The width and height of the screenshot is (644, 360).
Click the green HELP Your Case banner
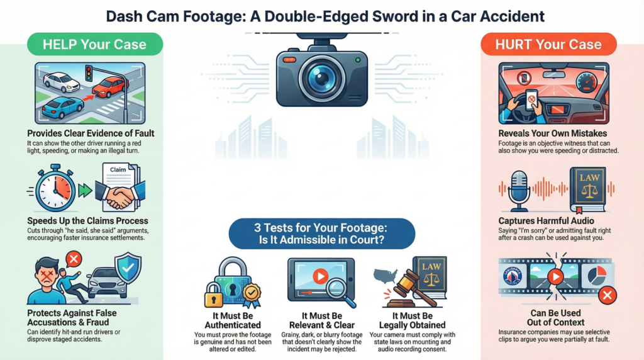coord(94,44)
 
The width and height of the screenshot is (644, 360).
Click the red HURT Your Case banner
coord(548,44)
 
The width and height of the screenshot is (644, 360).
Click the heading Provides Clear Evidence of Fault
coord(91,133)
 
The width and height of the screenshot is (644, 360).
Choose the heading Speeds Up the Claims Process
coord(88,221)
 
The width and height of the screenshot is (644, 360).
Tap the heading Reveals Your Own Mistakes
coord(552,133)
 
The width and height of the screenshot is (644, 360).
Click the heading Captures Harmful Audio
coord(552,221)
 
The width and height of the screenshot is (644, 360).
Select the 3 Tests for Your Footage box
coord(321,233)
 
